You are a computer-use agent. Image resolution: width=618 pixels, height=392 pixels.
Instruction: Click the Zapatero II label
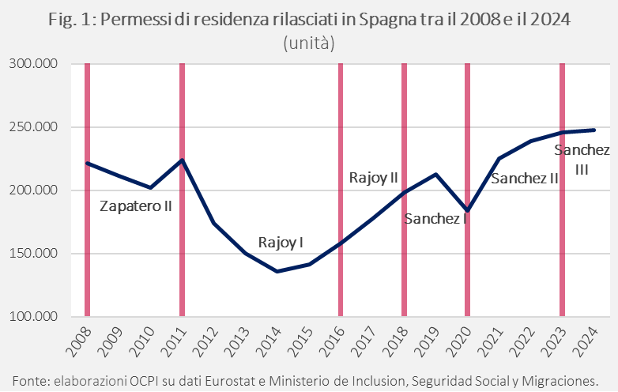click(x=136, y=206)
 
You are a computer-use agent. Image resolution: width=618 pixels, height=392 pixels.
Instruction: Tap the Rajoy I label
click(x=281, y=243)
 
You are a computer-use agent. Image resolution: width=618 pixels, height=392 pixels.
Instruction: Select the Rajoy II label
click(x=373, y=178)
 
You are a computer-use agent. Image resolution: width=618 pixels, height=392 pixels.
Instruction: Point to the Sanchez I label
click(x=435, y=219)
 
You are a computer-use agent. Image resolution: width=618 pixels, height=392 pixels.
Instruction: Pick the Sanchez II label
click(x=525, y=179)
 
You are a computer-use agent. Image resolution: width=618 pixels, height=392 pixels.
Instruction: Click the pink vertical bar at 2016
click(x=341, y=190)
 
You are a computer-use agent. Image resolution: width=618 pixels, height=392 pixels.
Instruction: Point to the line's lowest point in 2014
click(x=277, y=271)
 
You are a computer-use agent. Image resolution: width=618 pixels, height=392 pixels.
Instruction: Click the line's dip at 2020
click(x=467, y=210)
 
